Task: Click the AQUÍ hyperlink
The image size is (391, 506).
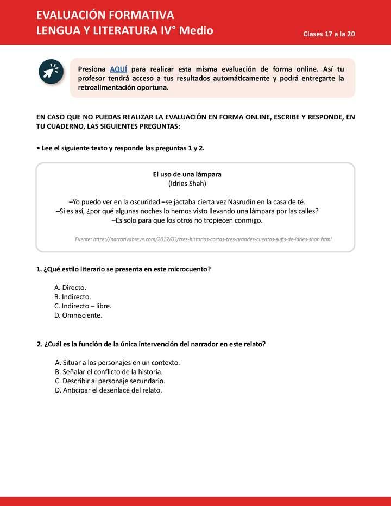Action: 118,69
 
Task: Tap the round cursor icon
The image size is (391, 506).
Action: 51,72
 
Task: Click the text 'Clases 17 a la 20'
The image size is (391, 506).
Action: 329,34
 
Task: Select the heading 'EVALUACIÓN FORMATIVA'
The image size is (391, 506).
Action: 105,15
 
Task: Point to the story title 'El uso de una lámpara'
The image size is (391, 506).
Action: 187,174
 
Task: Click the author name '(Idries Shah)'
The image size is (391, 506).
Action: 187,184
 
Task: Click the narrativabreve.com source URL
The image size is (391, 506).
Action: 203,239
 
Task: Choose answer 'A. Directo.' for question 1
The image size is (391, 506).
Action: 70,287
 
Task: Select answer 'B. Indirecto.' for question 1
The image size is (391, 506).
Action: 72,296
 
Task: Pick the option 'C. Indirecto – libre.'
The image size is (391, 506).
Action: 83,306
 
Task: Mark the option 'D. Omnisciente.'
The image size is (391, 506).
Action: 78,315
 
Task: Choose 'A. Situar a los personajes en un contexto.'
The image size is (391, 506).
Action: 117,362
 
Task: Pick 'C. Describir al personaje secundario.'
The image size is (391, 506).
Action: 110,381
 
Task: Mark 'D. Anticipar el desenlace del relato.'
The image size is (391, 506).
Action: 109,390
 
